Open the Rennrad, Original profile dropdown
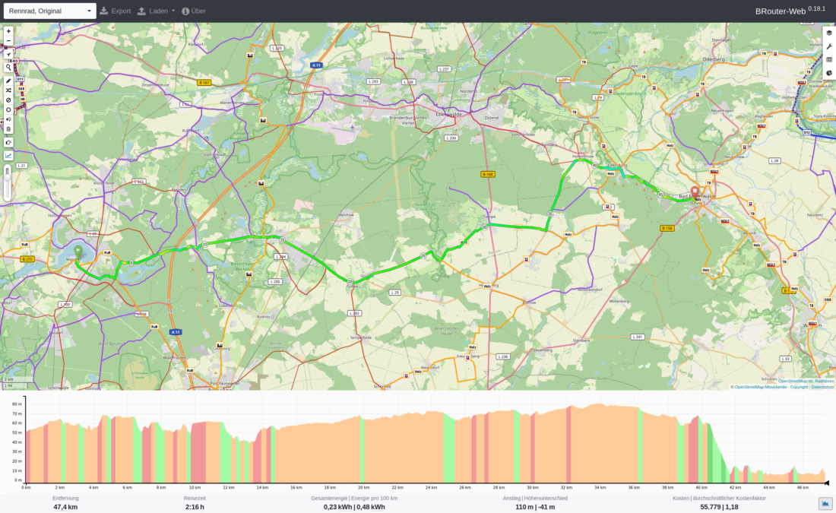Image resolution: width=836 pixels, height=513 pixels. [49, 11]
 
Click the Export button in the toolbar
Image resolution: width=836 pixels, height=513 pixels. [116, 11]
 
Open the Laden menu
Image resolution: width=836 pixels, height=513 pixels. [157, 11]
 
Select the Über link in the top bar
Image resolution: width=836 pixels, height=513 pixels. [194, 11]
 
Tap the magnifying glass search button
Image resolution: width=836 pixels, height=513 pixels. [8, 67]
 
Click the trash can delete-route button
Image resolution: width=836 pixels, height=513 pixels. [8, 128]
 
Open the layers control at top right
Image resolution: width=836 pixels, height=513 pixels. [829, 33]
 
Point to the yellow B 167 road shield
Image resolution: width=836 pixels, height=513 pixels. [203, 82]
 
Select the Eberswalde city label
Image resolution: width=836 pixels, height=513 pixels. [449, 114]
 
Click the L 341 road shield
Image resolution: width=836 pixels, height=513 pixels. [638, 337]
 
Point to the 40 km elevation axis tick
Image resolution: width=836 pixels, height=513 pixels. [700, 487]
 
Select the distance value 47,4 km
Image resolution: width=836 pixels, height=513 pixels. [65, 507]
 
